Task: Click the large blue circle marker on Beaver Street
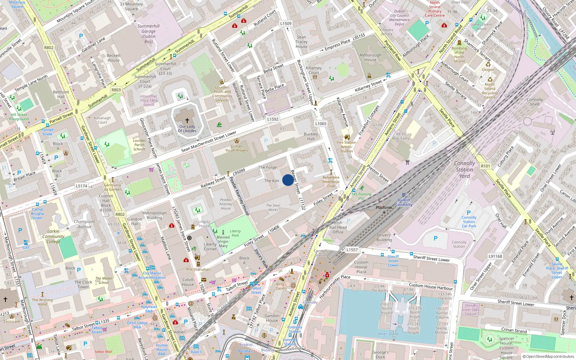288,180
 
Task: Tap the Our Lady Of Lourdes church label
187,129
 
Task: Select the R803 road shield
116,90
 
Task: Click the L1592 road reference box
273,119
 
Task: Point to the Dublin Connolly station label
404,202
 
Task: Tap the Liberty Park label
235,233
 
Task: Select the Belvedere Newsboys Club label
331,181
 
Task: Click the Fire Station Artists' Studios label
347,147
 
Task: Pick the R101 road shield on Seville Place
485,166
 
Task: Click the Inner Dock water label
388,334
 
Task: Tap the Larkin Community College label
53,237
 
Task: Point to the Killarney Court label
314,70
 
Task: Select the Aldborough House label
370,58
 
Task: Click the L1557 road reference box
352,249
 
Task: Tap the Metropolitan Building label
154,215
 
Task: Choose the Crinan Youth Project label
237,148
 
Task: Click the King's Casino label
281,286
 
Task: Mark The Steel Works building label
273,207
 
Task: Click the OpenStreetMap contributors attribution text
548,356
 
